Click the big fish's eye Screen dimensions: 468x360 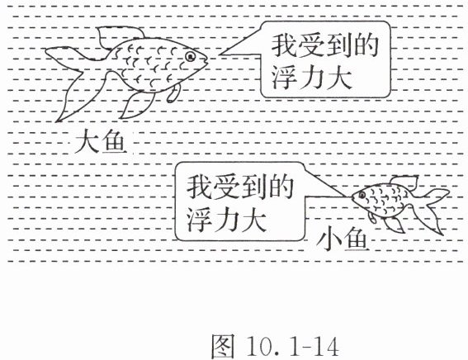190,56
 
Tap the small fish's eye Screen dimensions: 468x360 362,196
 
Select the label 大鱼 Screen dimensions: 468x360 99,140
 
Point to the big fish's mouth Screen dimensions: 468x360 205,59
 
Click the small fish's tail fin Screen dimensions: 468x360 432,209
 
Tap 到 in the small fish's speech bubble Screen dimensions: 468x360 254,187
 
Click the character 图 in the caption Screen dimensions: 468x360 223,346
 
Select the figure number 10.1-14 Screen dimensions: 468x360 292,346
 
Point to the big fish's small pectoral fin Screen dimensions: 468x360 173,93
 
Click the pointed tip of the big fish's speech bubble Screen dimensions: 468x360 219,54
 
